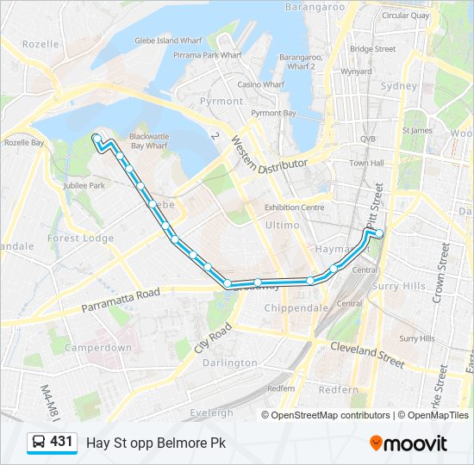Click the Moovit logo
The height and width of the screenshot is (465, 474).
coord(408,443)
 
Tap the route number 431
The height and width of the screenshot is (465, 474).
coord(61,442)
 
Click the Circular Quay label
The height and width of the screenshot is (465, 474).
coord(405,15)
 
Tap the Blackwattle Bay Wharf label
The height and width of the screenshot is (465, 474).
coord(148,141)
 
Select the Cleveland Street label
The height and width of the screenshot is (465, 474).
coord(368,354)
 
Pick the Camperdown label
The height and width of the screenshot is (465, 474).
coord(98,348)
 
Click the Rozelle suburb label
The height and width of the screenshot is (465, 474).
coord(41,44)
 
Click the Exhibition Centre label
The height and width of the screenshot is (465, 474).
coord(294,208)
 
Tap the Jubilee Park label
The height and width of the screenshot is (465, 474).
coord(84,185)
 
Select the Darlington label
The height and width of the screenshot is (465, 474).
coord(229,363)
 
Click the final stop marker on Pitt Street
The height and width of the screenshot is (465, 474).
coord(379,232)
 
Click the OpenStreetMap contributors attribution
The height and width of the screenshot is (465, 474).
coord(330,415)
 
